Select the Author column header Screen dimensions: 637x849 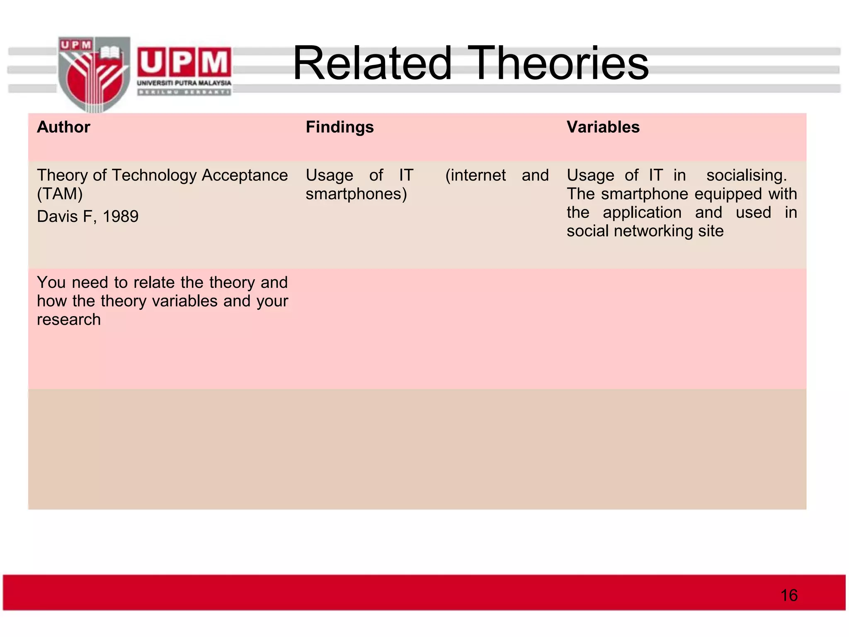pos(63,127)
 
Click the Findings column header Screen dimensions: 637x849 pos(340,127)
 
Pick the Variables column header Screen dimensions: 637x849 pos(603,127)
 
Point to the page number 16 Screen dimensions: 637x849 pos(788,595)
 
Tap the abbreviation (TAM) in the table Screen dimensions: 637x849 pos(60,194)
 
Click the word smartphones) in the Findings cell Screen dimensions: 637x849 pos(356,194)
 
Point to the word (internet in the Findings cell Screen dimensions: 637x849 pos(475,175)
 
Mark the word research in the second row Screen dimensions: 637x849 pos(69,320)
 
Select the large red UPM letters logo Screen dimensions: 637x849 pos(184,62)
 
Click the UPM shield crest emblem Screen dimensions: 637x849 pos(94,74)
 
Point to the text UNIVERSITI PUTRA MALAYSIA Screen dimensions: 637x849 pos(184,83)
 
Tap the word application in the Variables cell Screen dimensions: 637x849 pos(642,212)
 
